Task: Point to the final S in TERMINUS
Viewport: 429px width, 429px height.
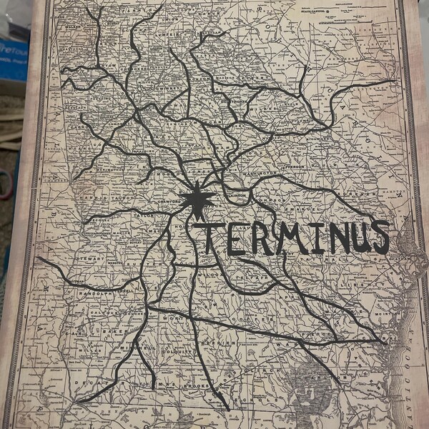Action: click(x=379, y=237)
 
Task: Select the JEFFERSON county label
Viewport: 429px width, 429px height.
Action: click(x=292, y=166)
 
